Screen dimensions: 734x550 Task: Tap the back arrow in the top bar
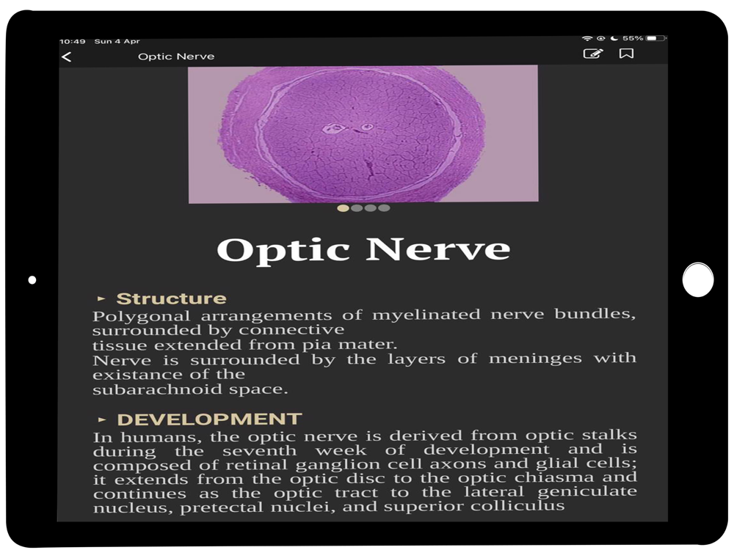[67, 57]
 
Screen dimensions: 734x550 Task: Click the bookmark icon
[626, 54]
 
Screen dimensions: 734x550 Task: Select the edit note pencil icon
[592, 54]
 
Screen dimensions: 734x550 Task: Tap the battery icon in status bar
[655, 38]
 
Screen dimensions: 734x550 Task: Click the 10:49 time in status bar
[73, 42]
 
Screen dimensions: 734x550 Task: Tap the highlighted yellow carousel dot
[343, 208]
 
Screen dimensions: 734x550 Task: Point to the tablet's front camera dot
[32, 279]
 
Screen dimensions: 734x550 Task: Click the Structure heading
[171, 298]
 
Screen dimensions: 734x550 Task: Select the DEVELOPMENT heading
[209, 419]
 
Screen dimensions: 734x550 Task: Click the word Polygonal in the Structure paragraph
[142, 317]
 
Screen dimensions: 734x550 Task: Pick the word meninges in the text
[535, 359]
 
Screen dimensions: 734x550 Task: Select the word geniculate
[587, 491]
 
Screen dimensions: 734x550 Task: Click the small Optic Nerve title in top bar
[176, 56]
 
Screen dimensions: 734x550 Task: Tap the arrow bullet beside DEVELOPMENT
[101, 419]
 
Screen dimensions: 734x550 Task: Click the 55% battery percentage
[633, 38]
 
